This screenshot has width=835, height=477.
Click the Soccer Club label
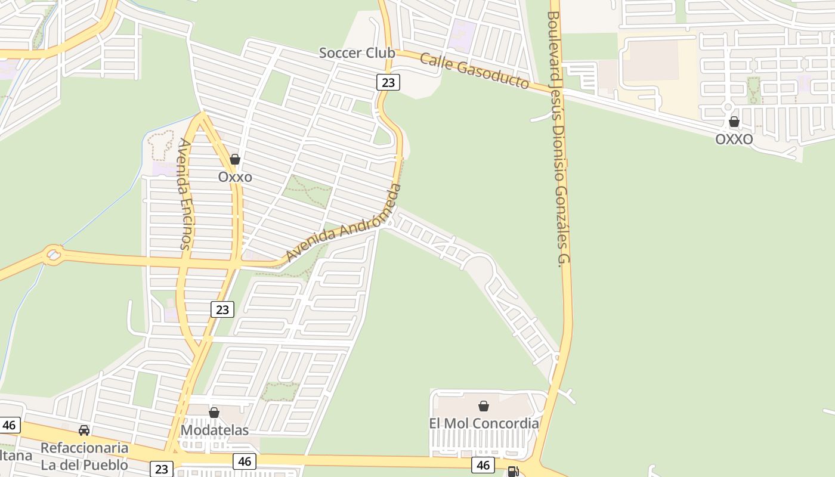click(x=357, y=53)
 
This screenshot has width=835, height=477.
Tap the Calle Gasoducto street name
click(x=475, y=71)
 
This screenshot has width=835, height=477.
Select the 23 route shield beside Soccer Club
click(x=388, y=82)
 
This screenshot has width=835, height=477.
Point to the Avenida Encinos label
click(x=184, y=194)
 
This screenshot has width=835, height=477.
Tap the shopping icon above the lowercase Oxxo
click(x=235, y=159)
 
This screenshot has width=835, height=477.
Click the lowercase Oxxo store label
click(x=235, y=177)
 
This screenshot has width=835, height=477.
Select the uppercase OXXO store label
click(x=734, y=140)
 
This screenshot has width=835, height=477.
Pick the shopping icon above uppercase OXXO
click(x=734, y=122)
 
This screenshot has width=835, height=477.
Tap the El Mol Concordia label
click(x=484, y=423)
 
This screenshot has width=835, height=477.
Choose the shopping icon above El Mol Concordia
click(x=484, y=406)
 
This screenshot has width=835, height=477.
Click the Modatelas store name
click(x=215, y=430)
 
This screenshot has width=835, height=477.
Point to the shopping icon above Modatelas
click(x=214, y=413)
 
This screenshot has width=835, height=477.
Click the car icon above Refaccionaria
click(x=84, y=430)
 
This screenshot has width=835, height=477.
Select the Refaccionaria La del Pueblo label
click(x=84, y=456)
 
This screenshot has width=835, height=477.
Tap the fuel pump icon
click(x=512, y=472)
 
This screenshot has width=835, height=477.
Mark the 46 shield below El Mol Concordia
click(x=483, y=465)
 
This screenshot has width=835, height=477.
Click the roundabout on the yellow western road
click(x=53, y=255)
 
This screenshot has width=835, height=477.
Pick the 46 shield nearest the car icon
click(x=9, y=425)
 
